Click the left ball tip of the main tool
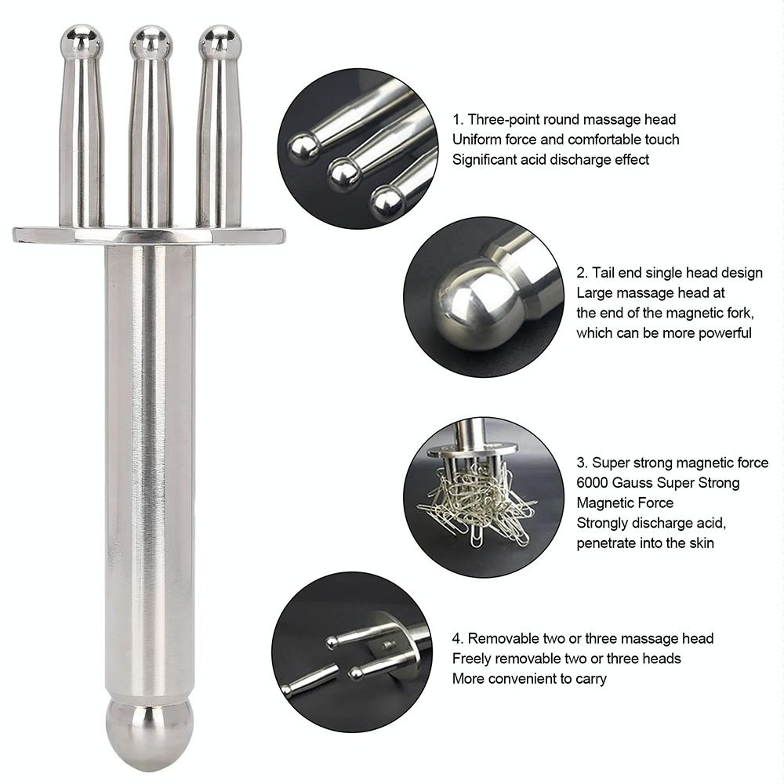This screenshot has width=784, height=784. pos(82,42)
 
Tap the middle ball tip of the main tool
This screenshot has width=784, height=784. pos(151,42)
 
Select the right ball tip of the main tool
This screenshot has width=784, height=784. pos(220,42)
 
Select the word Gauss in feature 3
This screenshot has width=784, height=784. pos(637,483)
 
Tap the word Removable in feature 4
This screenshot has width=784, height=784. pos(500,638)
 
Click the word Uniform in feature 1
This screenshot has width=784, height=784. pos(477,140)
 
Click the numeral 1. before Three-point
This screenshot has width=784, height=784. pos(458,120)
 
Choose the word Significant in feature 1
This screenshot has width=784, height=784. pos(486,159)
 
